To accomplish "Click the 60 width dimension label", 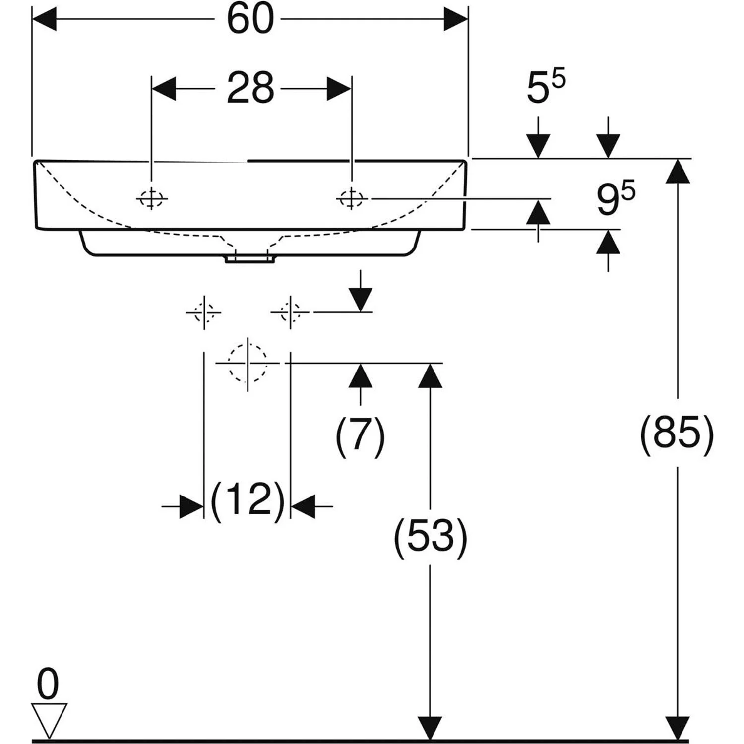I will (250, 19).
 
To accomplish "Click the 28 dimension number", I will (250, 88).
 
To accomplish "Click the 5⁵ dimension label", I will (545, 88).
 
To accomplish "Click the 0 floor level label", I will (48, 684).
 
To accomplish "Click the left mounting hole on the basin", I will (152, 199).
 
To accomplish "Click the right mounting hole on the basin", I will (352, 199).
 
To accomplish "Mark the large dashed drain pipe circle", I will (248, 363).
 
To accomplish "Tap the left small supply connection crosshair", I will (204, 312).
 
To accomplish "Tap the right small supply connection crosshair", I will (290, 312).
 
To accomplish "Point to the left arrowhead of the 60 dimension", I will (44, 19).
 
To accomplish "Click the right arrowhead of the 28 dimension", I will (339, 89).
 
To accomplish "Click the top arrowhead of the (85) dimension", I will (678, 171).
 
